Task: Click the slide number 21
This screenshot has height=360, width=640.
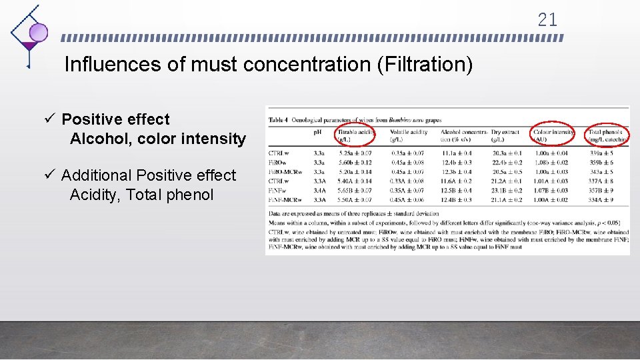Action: point(547,20)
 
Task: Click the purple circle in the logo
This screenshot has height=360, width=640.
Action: point(38,32)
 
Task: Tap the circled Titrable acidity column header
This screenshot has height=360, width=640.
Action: point(354,135)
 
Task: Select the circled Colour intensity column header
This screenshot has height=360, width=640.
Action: point(554,135)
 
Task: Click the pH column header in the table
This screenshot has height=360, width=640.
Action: point(318,132)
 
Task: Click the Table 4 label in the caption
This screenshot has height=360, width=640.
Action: point(279,120)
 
